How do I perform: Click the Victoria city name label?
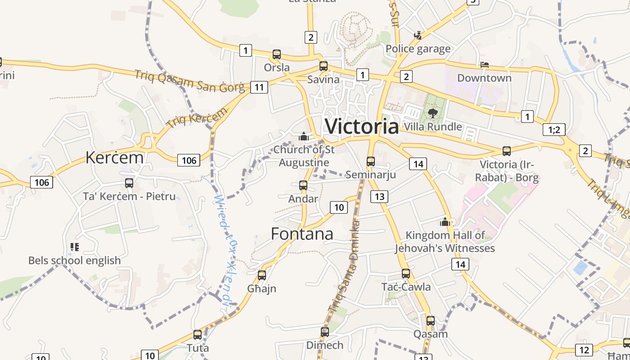click(362, 126)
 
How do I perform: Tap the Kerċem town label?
click(114, 157)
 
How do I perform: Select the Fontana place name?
click(302, 234)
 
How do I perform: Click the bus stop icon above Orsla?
click(277, 55)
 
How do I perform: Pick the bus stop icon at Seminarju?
click(370, 162)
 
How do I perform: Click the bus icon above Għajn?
click(262, 275)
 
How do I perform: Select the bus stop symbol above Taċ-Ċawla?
click(406, 274)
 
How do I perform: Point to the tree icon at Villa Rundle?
click(433, 113)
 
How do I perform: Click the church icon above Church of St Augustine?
click(304, 136)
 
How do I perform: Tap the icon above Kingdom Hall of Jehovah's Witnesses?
click(445, 222)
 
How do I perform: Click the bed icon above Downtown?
click(484, 65)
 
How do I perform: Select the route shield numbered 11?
click(259, 87)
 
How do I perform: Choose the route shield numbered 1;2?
click(554, 130)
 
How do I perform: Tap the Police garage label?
click(418, 49)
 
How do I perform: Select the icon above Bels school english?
click(74, 247)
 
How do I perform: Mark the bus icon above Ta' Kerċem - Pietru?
click(129, 183)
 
